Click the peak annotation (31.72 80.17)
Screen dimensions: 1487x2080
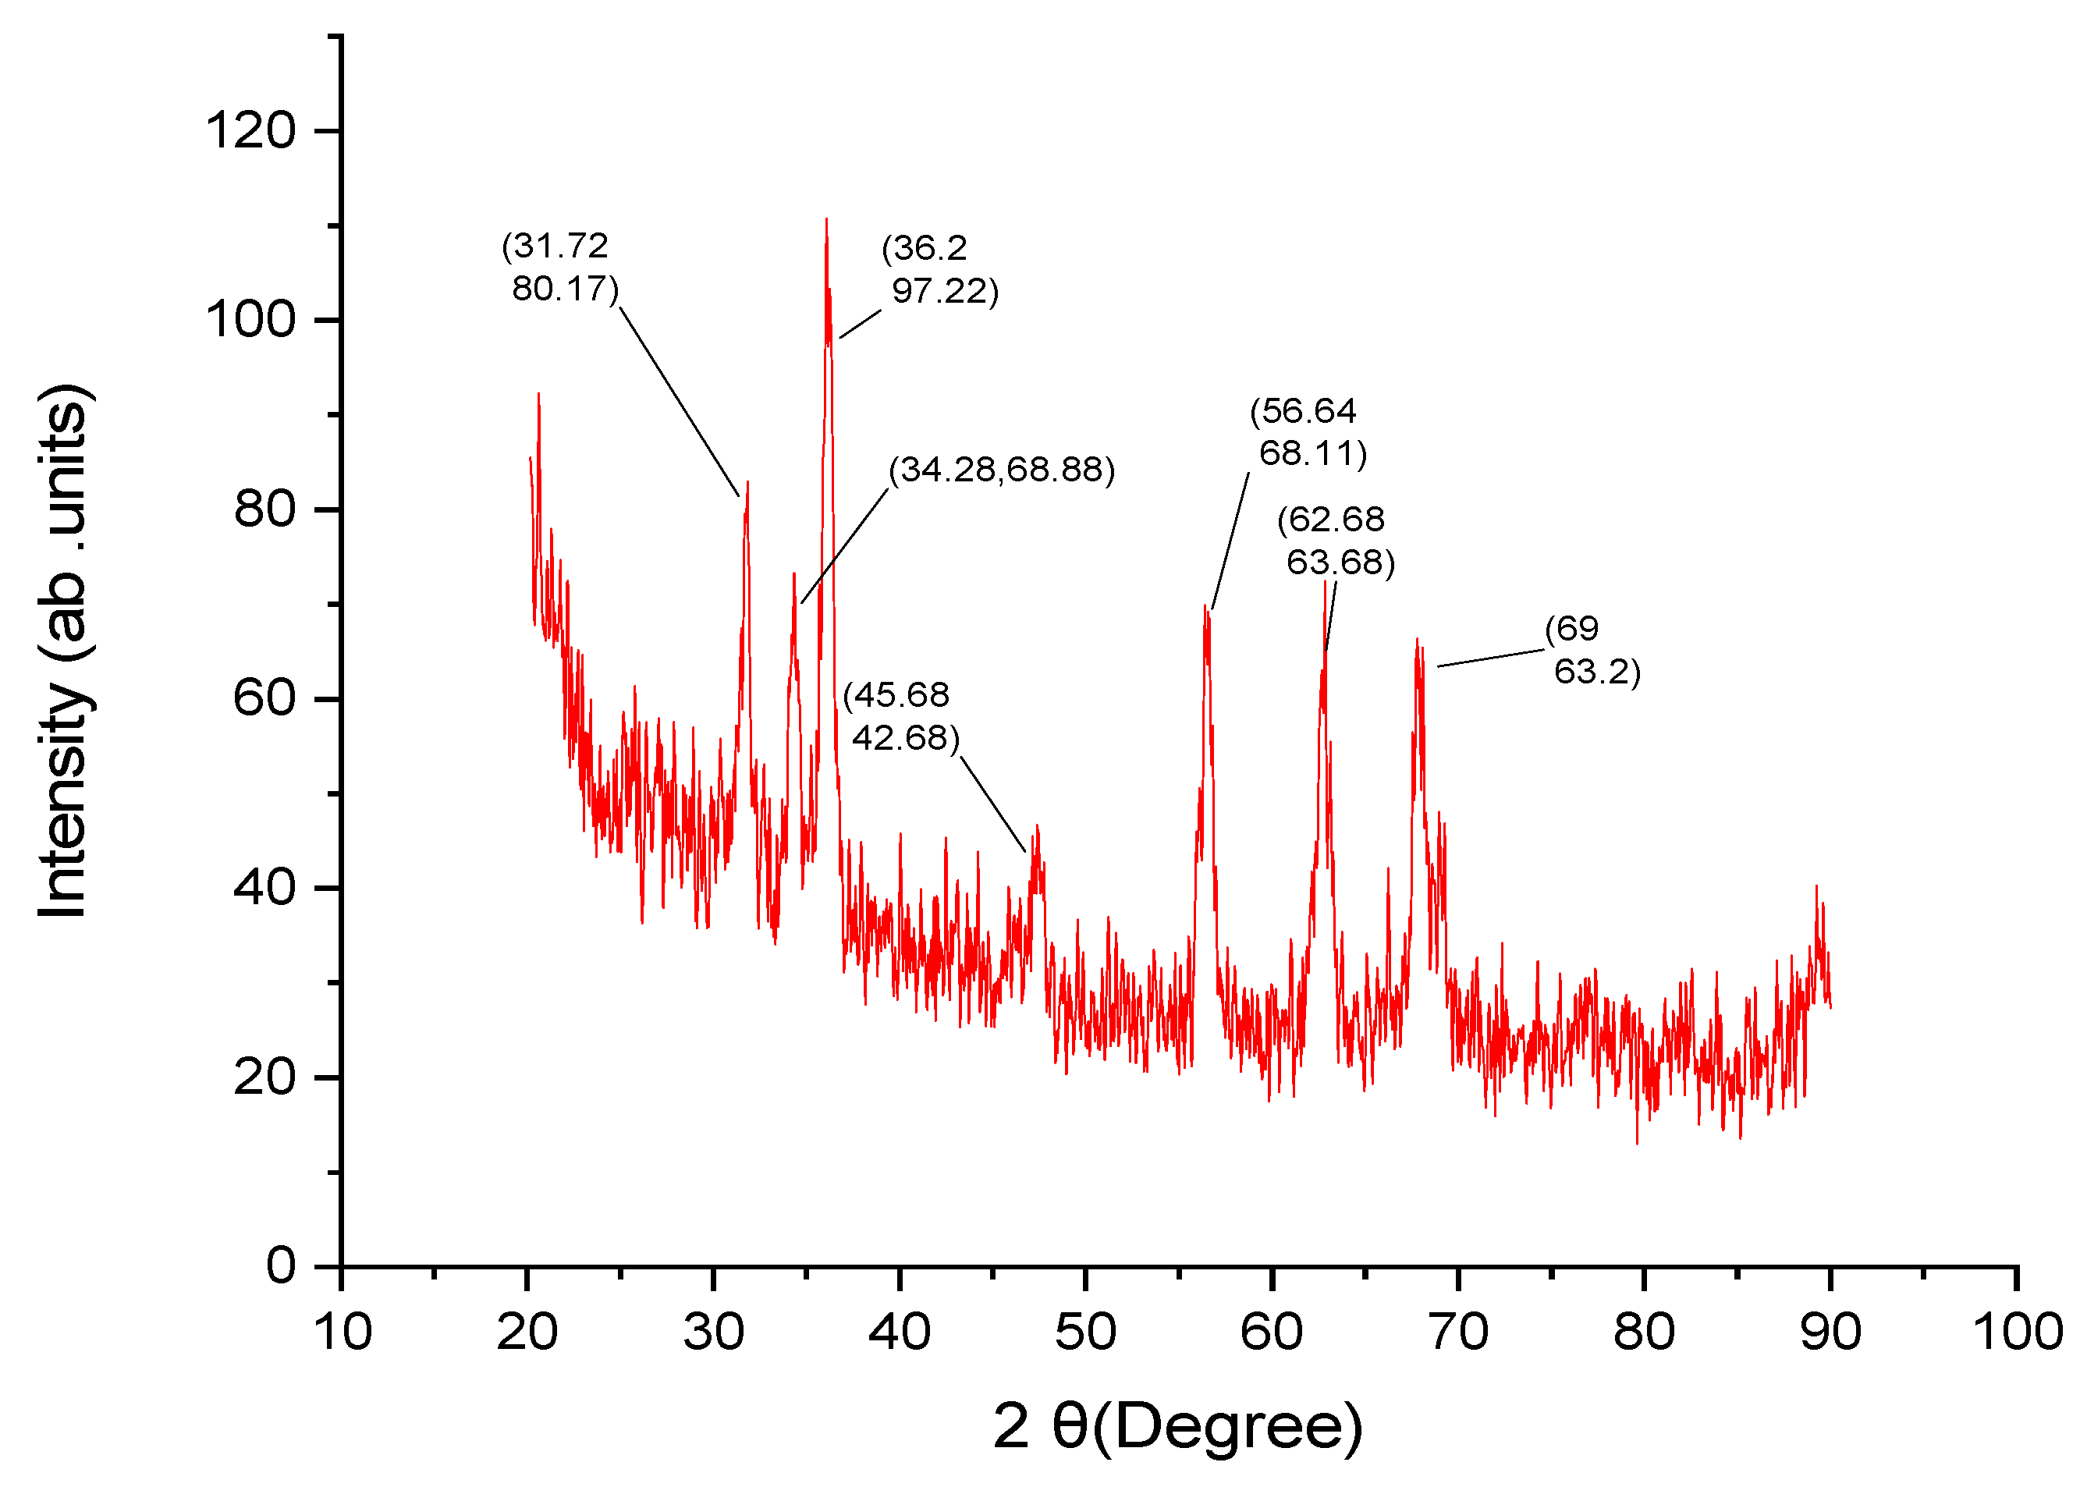click(559, 268)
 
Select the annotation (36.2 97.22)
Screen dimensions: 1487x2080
click(939, 270)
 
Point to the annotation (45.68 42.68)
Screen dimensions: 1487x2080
click(901, 716)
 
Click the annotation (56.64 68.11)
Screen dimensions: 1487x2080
click(1308, 431)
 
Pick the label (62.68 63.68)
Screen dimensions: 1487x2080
click(1335, 540)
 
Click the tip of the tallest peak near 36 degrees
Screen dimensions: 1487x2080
click(827, 220)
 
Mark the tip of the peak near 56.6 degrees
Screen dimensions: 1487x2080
click(1205, 606)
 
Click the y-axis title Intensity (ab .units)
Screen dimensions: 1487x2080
click(64, 650)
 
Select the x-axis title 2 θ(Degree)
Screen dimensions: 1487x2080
click(1177, 1425)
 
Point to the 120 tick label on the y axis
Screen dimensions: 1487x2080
click(250, 130)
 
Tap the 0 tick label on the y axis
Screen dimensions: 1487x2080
click(280, 1265)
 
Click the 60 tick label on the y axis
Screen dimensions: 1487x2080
click(264, 697)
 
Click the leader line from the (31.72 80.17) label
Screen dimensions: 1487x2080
click(680, 401)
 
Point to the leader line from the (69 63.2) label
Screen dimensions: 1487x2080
click(1490, 658)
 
